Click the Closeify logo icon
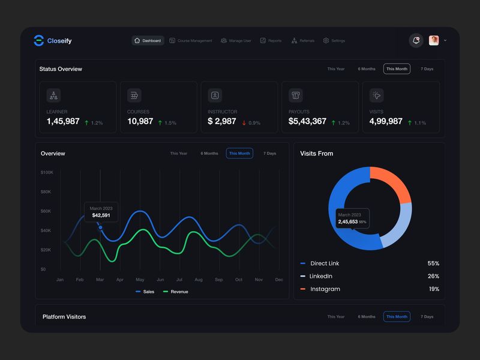coord(39,41)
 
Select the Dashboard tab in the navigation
coord(148,41)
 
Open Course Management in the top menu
coord(191,41)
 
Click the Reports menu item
coord(271,41)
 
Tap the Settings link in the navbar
coord(334,41)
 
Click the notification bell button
coord(416,40)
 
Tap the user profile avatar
coord(434,40)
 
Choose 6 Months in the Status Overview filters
coord(367,69)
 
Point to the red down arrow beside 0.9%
coord(244,123)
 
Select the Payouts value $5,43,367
coord(307,121)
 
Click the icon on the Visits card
coord(377,95)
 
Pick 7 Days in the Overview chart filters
coord(269,154)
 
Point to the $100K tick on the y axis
coord(47,172)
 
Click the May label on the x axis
coord(140,280)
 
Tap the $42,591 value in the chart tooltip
coord(101,215)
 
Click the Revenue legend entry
coord(175,292)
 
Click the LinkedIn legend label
coord(320,276)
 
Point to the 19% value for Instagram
coord(433,289)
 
